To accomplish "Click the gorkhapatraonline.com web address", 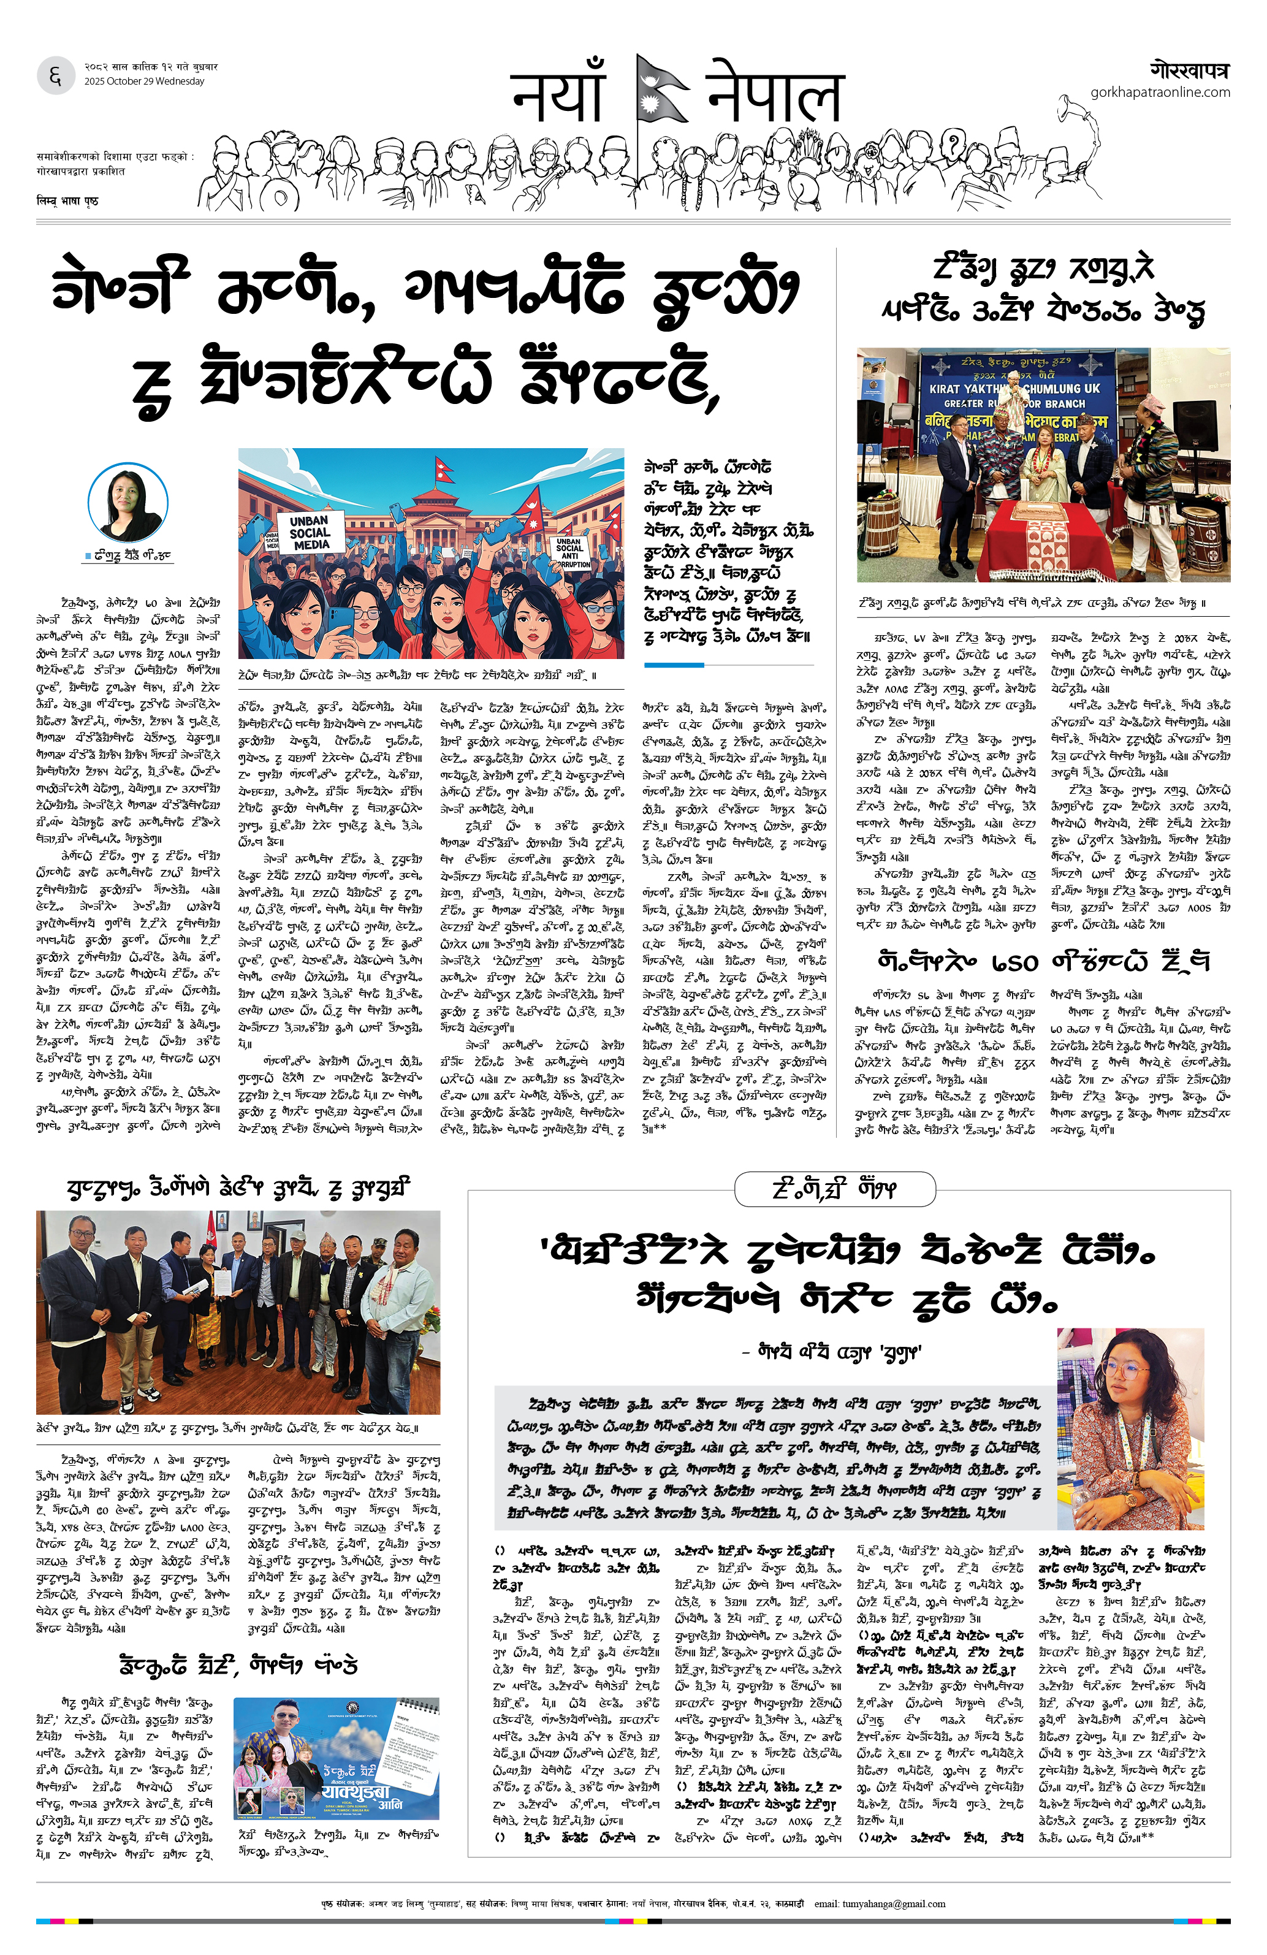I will [1160, 92].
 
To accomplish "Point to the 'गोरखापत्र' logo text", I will [1189, 69].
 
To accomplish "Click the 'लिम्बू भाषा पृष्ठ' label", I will [67, 200].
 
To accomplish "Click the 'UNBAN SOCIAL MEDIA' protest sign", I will [310, 532].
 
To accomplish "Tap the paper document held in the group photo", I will [194, 1297].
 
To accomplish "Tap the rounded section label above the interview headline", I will [834, 1189].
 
